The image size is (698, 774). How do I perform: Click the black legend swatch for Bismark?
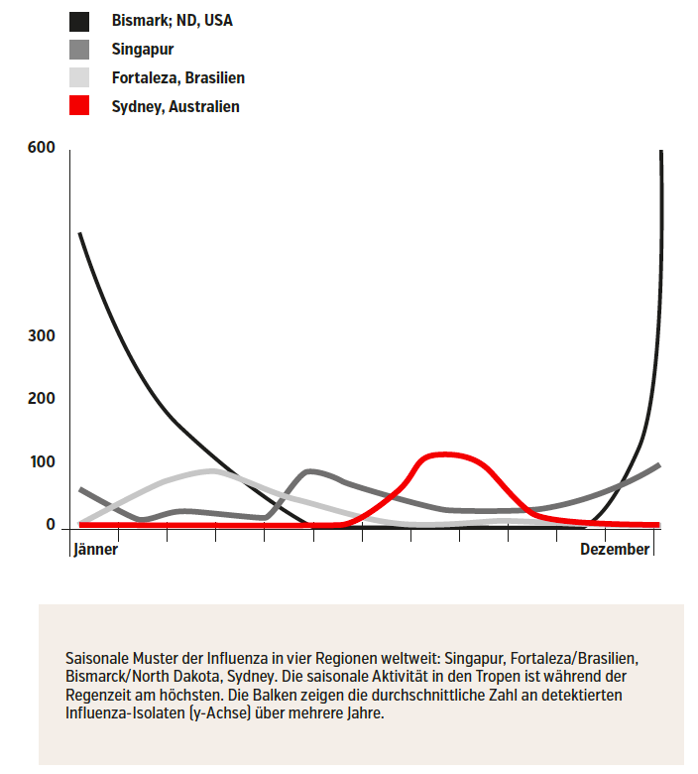point(79,22)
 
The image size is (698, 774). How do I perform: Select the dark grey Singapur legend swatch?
point(79,50)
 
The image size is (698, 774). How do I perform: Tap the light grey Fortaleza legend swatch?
point(79,77)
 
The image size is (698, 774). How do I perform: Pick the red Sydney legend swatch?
point(79,105)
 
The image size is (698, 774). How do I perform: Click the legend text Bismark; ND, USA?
point(173,21)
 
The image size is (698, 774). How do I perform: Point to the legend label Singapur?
point(143,50)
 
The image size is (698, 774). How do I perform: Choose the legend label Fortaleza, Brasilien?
point(178,78)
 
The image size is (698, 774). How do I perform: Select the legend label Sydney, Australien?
point(175,106)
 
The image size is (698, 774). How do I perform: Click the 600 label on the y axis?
point(42,147)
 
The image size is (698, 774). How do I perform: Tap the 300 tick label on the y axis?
point(42,335)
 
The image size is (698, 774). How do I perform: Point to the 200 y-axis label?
point(42,398)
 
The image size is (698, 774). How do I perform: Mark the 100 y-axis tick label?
point(43,462)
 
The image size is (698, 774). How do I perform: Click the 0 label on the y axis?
point(51,524)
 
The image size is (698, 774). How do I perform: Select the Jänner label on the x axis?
point(96,549)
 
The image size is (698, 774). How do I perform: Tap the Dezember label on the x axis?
point(615,549)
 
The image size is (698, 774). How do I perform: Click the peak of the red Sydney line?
point(445,454)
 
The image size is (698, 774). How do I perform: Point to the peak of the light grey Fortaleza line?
point(212,471)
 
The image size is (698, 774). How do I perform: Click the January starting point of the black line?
point(80,233)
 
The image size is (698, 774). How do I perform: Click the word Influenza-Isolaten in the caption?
point(125,713)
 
